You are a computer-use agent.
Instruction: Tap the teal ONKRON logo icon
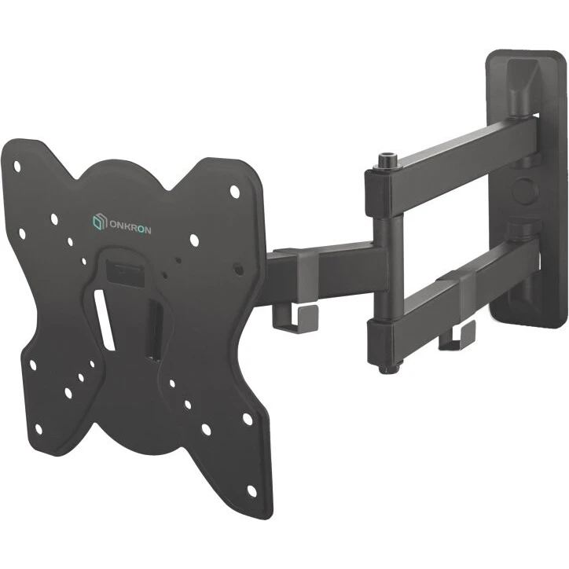point(99,222)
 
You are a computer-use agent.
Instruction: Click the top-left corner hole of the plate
point(17,166)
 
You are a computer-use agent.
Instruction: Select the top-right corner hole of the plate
point(235,190)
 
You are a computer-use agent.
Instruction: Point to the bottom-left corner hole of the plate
point(39,429)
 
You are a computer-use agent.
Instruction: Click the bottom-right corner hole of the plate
point(251,490)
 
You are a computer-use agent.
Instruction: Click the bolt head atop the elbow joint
point(386,160)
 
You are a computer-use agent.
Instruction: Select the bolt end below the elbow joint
point(388,369)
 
